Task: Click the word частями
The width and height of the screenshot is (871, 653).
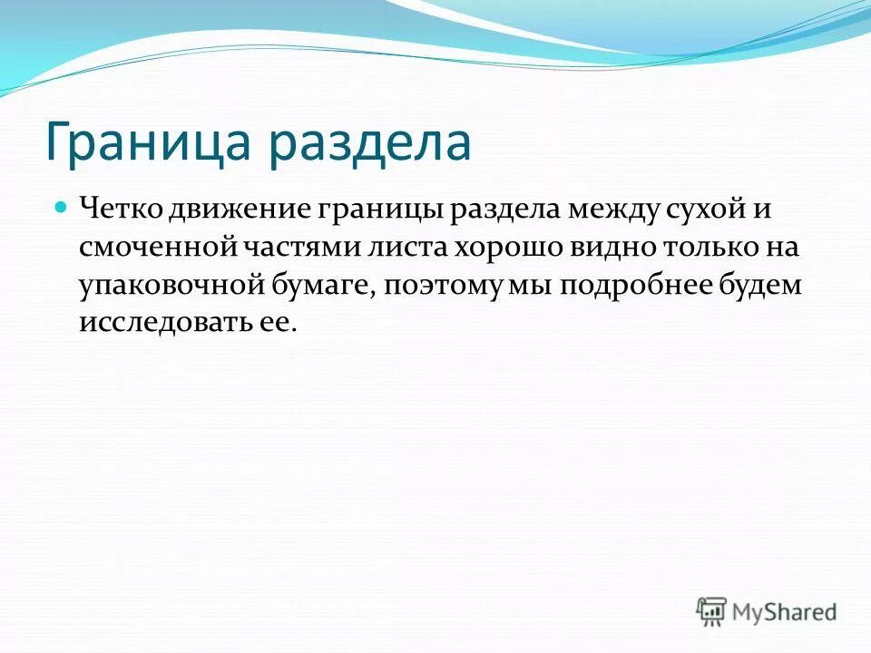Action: [291, 248]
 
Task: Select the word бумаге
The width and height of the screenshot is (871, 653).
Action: [321, 287]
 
